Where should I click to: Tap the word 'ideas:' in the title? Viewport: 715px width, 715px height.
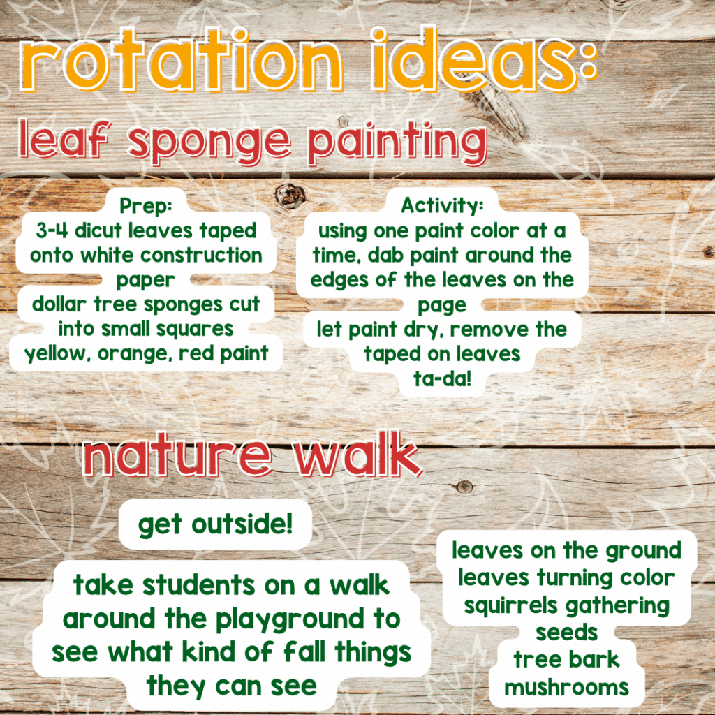484,59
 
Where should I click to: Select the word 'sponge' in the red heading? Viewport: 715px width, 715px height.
209,142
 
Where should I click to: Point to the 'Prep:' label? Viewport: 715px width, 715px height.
146,206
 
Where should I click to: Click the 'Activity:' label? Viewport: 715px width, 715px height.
442,206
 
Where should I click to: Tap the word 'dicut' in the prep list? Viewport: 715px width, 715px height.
98,230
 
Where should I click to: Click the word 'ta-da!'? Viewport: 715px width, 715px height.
442,378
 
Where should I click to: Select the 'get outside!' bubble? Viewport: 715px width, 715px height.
215,524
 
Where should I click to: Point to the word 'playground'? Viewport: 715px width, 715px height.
289,620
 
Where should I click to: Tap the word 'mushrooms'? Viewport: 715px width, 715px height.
566,688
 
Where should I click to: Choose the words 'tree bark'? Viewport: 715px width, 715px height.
566,660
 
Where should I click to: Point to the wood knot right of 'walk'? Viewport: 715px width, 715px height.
464,487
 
